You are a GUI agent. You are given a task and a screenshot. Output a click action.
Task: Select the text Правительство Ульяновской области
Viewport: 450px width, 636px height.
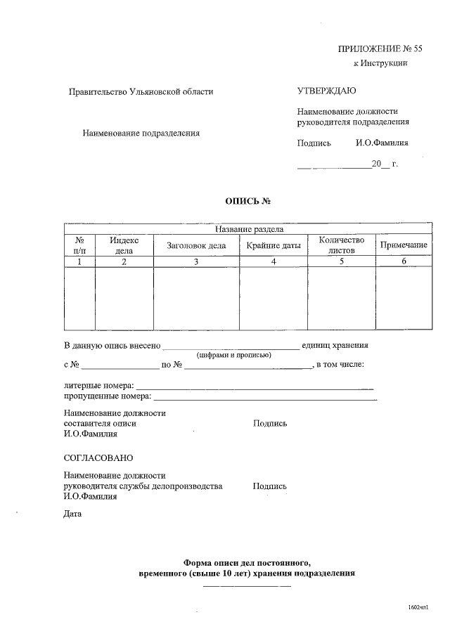coord(141,91)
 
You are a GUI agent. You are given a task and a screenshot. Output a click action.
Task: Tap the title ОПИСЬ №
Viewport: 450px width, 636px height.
coord(247,201)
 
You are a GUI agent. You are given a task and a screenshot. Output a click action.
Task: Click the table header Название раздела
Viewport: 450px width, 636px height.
coord(248,229)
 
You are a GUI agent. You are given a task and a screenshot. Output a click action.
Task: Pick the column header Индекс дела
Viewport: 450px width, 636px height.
coord(124,245)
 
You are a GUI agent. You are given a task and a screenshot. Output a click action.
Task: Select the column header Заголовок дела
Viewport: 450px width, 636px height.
coord(196,245)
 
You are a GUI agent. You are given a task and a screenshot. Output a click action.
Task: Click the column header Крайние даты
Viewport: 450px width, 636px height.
coord(274,245)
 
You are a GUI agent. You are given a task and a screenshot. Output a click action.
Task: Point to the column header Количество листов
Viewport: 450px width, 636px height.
coord(342,245)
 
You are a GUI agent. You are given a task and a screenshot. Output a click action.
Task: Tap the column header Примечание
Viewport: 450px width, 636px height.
coord(404,245)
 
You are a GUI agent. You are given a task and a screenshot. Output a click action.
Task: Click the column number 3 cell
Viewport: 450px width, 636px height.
coord(196,261)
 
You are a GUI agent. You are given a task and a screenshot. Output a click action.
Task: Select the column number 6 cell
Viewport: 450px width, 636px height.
coord(404,261)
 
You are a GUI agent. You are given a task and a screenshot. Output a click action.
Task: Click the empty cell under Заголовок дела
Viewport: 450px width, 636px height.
coord(196,298)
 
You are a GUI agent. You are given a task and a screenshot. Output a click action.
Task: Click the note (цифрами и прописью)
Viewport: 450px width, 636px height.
coord(234,355)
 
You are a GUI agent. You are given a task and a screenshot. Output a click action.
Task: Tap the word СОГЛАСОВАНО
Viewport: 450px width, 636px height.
coord(98,457)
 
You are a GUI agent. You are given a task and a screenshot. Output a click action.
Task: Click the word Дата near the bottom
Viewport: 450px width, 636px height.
coord(72,514)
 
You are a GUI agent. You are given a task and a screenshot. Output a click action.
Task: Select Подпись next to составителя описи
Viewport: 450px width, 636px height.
coord(270,424)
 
